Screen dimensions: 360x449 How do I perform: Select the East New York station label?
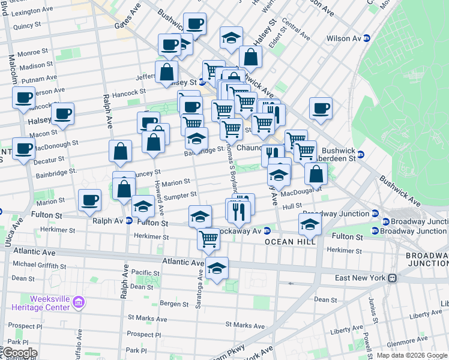[x=360, y=278]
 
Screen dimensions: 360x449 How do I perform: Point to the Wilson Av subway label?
[x=343, y=38]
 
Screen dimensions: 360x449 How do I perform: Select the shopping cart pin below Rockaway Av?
[x=208, y=238]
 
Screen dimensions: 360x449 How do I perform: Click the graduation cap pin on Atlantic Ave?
[x=217, y=267]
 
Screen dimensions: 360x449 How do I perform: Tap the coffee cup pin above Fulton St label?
[x=91, y=200]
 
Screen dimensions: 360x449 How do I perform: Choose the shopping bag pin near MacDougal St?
[x=316, y=174]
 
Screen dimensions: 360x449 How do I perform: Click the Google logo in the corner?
[x=19, y=353]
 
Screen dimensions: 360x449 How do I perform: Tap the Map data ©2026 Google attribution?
[x=412, y=355]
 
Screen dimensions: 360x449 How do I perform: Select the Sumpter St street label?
[x=181, y=195]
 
